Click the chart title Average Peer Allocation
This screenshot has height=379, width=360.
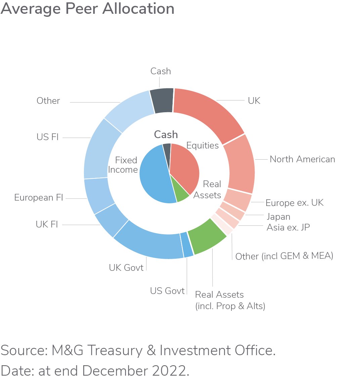click(x=87, y=9)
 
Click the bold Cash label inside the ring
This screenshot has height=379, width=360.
click(x=166, y=135)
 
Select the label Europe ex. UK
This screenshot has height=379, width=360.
click(x=295, y=203)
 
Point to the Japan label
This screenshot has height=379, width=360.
click(x=278, y=217)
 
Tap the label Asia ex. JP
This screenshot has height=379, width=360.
click(x=288, y=227)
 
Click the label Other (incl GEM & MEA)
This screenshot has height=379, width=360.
click(x=284, y=256)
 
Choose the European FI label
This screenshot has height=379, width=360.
click(x=39, y=198)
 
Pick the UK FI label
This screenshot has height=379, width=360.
click(x=47, y=224)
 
